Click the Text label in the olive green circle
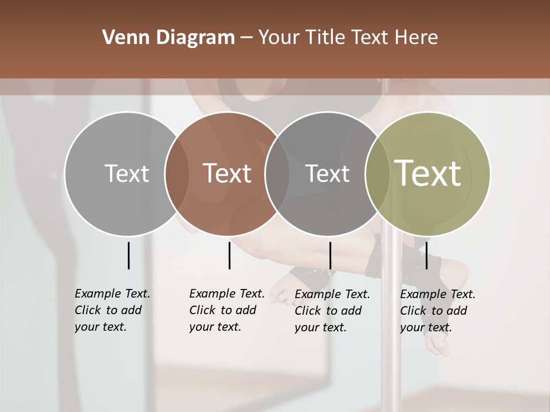point(428,173)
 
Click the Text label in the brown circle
point(227,173)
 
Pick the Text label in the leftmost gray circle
point(127,173)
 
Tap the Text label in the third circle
point(327,173)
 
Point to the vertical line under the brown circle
point(229,255)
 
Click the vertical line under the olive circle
point(427,255)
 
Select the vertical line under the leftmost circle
point(128,255)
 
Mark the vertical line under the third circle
point(330,255)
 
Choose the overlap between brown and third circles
point(277,174)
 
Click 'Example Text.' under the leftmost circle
point(112,294)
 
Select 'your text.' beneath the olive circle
point(426,327)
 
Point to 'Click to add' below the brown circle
point(222,310)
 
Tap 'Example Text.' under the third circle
point(332,294)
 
